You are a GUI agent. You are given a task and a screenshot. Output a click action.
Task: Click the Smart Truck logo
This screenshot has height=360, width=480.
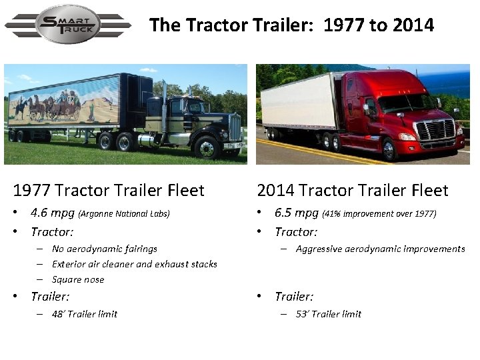[x=68, y=25]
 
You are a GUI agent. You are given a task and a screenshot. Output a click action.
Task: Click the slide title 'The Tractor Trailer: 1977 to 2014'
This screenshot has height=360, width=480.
[x=291, y=25]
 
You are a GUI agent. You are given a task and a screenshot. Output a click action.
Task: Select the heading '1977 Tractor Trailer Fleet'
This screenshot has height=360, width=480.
[x=109, y=191]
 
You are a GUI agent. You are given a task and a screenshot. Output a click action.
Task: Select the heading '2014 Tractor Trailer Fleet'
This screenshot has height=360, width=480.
[x=353, y=191]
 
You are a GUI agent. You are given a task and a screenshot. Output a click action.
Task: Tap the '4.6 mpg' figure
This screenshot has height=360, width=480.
[x=53, y=213]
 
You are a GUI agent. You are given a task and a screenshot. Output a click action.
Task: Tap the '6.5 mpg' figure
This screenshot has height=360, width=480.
[x=297, y=213]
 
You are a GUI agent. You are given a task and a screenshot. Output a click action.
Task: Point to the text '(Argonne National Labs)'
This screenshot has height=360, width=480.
[x=124, y=214]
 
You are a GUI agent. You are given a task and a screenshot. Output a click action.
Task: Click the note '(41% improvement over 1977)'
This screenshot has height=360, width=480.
[x=379, y=214]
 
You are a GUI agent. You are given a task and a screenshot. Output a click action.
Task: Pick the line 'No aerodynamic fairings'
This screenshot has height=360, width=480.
[x=105, y=249]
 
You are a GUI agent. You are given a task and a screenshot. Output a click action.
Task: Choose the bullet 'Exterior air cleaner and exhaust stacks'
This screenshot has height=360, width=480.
[x=135, y=264]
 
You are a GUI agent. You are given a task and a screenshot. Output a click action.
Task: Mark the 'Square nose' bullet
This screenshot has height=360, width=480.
[x=78, y=279]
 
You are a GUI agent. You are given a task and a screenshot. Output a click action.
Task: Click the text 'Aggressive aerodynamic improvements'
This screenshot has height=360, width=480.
[x=380, y=249]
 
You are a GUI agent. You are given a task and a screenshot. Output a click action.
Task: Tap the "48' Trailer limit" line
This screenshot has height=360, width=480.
[x=85, y=314]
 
